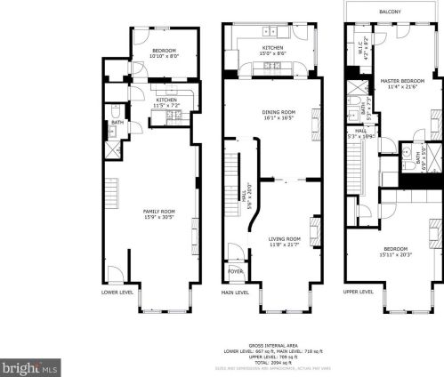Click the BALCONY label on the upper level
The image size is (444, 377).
(389, 12)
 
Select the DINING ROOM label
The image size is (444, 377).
(279, 111)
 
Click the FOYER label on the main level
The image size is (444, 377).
(237, 272)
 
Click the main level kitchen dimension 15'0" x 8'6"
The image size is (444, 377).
(272, 53)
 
